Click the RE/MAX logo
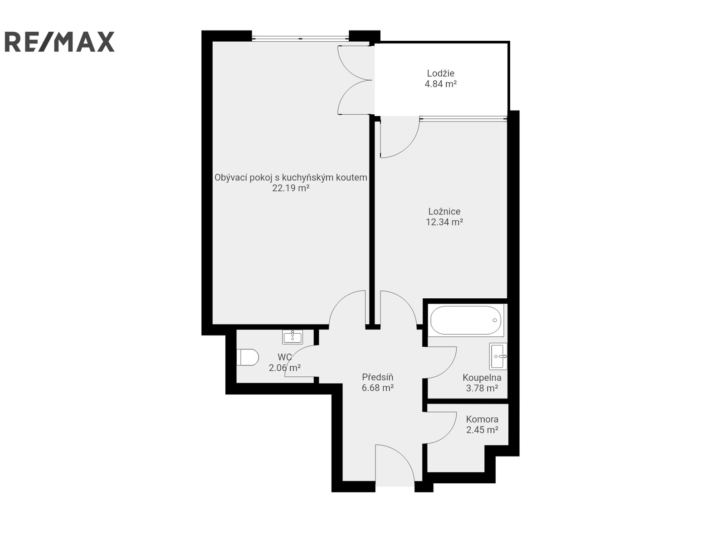[x=59, y=42]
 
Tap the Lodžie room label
[x=440, y=73]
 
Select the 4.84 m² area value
[x=440, y=84]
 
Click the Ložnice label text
[x=444, y=211]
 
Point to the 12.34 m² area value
[x=444, y=222]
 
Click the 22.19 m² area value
[x=291, y=188]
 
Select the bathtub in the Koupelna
[x=466, y=320]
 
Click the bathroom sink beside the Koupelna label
[x=498, y=356]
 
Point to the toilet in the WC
[x=248, y=357]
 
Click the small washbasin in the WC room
[x=292, y=337]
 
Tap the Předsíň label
[x=377, y=377]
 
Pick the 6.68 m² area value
[x=377, y=388]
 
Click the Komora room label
[x=482, y=419]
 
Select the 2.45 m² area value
[x=482, y=430]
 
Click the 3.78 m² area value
[x=482, y=389]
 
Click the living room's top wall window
[x=300, y=39]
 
